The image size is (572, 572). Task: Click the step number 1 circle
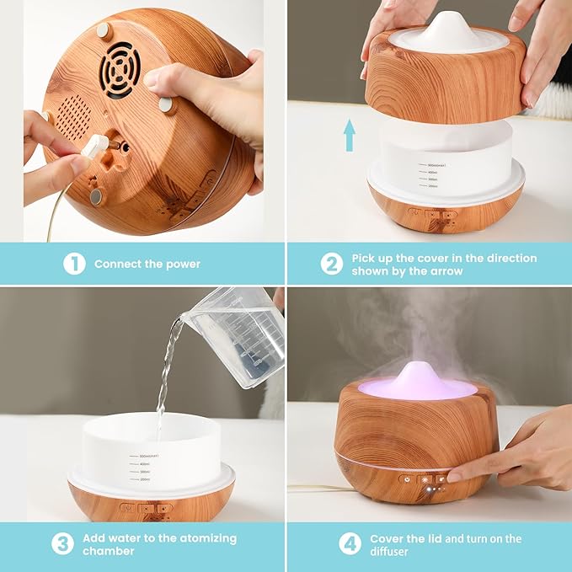click(x=74, y=264)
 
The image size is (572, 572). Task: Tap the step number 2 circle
click(x=331, y=264)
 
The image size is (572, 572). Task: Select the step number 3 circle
click(x=62, y=543)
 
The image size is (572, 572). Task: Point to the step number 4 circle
click(x=350, y=543)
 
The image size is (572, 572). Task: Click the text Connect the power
click(x=147, y=264)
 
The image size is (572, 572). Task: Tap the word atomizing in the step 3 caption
click(x=201, y=537)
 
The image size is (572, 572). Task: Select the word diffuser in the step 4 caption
click(x=393, y=551)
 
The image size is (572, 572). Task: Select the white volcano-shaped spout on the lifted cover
click(x=447, y=29)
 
